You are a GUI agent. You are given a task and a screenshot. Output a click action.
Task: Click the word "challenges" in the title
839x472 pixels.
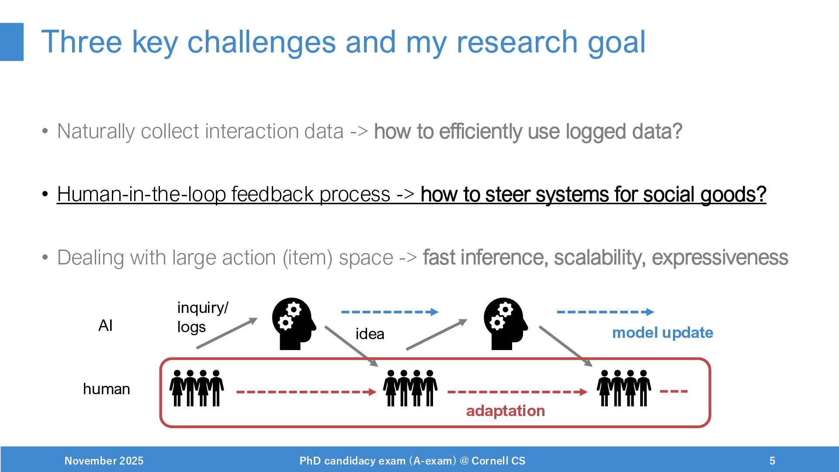tap(261, 42)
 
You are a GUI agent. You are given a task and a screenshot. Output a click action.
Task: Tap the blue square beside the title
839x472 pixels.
tap(11, 42)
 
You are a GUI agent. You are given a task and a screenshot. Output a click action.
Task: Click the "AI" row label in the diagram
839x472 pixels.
tap(105, 326)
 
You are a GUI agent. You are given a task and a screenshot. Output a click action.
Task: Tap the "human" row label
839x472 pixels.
tap(106, 389)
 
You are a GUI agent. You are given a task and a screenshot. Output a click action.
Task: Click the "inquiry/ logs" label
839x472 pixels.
tap(202, 317)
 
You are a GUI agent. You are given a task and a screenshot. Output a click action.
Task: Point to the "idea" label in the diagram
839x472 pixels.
tap(370, 334)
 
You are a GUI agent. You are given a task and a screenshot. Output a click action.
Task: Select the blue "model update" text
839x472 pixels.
tap(662, 333)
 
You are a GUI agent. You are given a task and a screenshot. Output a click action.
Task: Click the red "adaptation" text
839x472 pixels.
tap(505, 411)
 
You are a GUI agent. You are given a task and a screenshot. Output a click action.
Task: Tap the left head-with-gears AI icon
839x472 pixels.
tap(293, 323)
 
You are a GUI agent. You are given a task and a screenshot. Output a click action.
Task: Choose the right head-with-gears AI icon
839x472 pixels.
tap(505, 323)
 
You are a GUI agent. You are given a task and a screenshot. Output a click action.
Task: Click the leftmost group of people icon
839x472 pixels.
tap(197, 388)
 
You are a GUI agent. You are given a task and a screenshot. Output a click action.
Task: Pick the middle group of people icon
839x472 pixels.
tap(410, 388)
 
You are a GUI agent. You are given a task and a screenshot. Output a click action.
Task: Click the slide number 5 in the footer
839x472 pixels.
tap(772, 461)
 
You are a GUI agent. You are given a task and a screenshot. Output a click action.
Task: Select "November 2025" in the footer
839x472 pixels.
tap(104, 461)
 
